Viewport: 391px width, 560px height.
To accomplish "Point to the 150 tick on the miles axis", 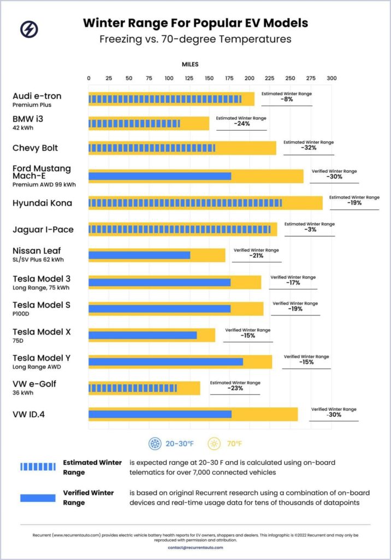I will (209, 78).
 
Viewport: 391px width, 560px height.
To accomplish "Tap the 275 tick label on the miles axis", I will (310, 78).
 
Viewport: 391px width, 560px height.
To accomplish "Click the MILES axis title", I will (190, 64).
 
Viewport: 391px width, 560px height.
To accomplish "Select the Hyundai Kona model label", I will (43, 203).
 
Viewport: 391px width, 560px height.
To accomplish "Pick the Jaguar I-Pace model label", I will (43, 230).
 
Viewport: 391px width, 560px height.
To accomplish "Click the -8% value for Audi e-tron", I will (287, 100).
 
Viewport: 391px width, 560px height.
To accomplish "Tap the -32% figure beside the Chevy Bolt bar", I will (309, 148).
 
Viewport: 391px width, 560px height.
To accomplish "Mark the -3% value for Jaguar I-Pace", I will (309, 230).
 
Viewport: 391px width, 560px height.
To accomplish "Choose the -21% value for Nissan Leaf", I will (256, 255).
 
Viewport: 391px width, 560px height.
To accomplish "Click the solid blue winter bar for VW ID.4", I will (160, 414).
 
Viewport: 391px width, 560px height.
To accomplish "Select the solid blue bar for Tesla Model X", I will (143, 335).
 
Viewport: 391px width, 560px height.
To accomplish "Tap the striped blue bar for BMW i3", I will (134, 124).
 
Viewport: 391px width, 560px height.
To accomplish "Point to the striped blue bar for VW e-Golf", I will (133, 388).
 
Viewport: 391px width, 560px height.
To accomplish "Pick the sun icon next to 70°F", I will (215, 444).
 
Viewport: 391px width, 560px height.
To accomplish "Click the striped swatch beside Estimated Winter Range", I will (38, 467).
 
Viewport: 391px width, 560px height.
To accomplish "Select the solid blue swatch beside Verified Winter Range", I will (38, 498).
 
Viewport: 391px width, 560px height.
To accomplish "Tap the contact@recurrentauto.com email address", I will (195, 547).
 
